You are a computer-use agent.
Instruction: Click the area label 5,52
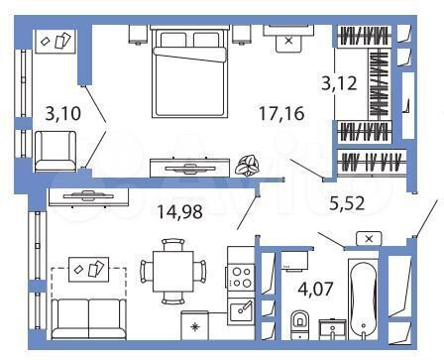352,206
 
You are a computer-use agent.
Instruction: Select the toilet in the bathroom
299,326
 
